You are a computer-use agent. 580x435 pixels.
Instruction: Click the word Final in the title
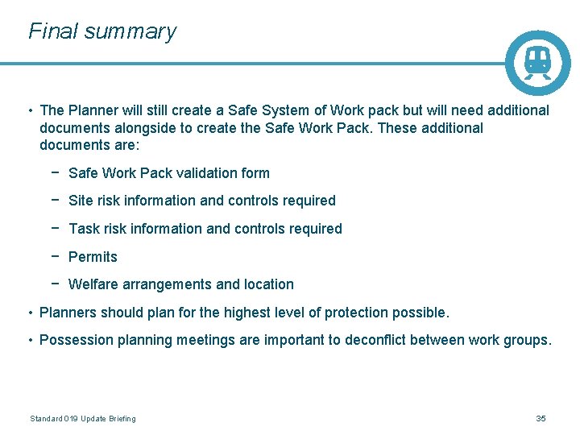[52, 31]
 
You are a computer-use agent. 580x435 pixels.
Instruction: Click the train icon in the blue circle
[537, 62]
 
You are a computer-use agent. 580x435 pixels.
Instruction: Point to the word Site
[82, 201]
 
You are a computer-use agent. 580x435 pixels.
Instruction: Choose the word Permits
[93, 257]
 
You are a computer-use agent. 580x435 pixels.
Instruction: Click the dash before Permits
[53, 257]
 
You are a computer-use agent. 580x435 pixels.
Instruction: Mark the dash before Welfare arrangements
[53, 284]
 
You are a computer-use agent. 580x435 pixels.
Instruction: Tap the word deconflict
[375, 340]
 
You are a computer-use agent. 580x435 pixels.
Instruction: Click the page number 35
[541, 418]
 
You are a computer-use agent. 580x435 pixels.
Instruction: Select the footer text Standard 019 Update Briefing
[83, 418]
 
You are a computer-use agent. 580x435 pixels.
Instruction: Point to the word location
[268, 284]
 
